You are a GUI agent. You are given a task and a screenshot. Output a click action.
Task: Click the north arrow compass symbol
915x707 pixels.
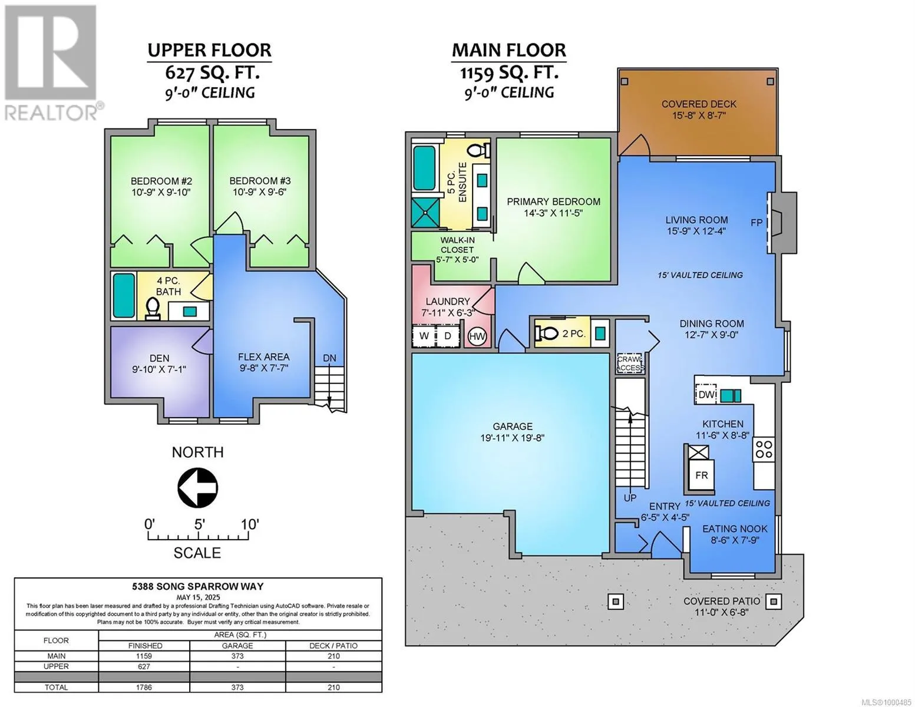pyautogui.click(x=197, y=488)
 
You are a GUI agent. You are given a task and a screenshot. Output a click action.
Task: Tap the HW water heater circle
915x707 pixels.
pyautogui.click(x=477, y=336)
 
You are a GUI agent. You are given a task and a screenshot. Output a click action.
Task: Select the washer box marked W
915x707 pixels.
pyautogui.click(x=424, y=336)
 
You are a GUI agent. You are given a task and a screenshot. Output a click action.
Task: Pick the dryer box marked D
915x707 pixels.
pyautogui.click(x=448, y=336)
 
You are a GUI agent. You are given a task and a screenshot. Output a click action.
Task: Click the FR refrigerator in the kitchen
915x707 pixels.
pyautogui.click(x=701, y=474)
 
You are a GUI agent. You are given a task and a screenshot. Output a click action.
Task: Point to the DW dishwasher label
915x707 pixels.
pyautogui.click(x=706, y=395)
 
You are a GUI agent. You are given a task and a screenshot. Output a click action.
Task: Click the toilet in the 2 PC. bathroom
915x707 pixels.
pyautogui.click(x=546, y=333)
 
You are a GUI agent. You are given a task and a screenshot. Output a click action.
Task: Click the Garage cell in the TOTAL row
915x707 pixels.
pyautogui.click(x=237, y=687)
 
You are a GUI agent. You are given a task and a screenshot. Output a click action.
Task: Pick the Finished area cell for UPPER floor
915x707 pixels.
pyautogui.click(x=144, y=666)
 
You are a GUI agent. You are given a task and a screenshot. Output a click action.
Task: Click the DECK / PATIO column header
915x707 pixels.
pyautogui.click(x=333, y=646)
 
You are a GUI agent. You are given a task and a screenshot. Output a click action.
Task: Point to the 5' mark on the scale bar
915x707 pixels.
pyautogui.click(x=199, y=525)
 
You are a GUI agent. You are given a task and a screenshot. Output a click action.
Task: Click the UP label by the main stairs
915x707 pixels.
pyautogui.click(x=630, y=498)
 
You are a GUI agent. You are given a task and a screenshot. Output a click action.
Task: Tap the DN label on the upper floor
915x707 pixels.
pyautogui.click(x=329, y=358)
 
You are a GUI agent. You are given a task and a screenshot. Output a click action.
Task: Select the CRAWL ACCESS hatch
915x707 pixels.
pyautogui.click(x=630, y=364)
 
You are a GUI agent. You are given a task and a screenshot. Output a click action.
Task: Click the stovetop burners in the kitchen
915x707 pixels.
pyautogui.click(x=764, y=449)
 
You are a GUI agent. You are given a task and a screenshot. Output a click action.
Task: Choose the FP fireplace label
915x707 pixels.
pyautogui.click(x=757, y=222)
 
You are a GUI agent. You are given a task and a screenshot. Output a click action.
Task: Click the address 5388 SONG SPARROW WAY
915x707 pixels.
pyautogui.click(x=198, y=586)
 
